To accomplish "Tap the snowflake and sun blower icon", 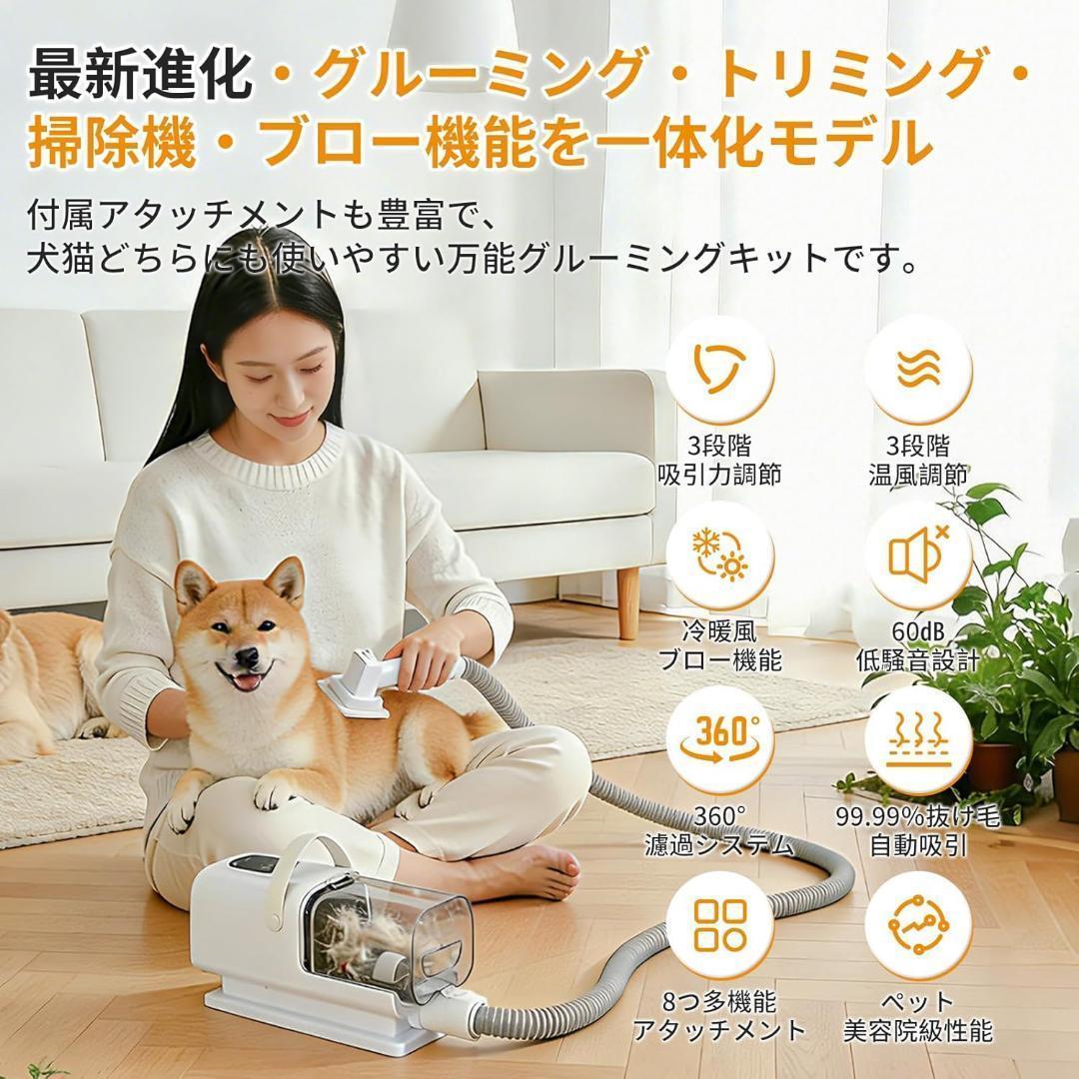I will click(x=720, y=555).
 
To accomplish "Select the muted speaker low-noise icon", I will click(x=917, y=555).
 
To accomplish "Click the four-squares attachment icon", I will click(x=720, y=925).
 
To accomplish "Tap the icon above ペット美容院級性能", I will click(x=917, y=925).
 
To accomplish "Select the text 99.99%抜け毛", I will click(x=917, y=817).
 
